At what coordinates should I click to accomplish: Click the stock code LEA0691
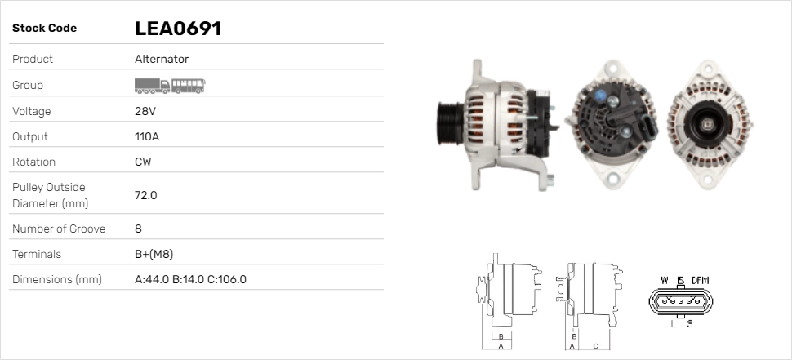coord(178,29)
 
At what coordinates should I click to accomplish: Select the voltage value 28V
coord(145,111)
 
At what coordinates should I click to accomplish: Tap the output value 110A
coord(147,136)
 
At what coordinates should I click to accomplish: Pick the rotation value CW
coord(143,162)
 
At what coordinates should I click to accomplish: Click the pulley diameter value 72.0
coord(146,195)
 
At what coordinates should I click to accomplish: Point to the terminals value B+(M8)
coord(154,254)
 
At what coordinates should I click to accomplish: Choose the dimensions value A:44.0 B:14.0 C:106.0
coord(190,279)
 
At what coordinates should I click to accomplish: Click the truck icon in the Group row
coord(152,86)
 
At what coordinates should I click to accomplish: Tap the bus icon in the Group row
coord(189,86)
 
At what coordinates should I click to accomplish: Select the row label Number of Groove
coord(59,229)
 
